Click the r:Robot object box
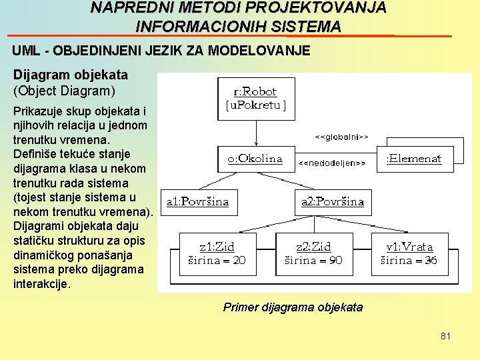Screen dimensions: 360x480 point(256,98)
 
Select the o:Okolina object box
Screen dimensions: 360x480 point(255,159)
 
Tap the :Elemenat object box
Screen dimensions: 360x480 point(414,159)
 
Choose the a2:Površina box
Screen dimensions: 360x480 point(333,201)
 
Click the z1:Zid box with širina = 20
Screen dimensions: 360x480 point(217,253)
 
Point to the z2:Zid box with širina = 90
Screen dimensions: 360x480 point(313,253)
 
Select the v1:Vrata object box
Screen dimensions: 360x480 point(409,253)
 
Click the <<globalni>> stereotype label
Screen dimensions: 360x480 point(341,137)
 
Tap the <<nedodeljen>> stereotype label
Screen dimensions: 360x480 point(331,163)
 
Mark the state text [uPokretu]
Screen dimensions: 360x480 point(256,105)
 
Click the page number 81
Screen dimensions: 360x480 point(445,336)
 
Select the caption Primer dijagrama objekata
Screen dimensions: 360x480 point(293,307)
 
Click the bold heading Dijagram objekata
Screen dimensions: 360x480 point(71,75)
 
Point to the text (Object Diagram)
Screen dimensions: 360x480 point(64,89)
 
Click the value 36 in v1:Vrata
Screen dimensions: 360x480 point(431,260)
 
